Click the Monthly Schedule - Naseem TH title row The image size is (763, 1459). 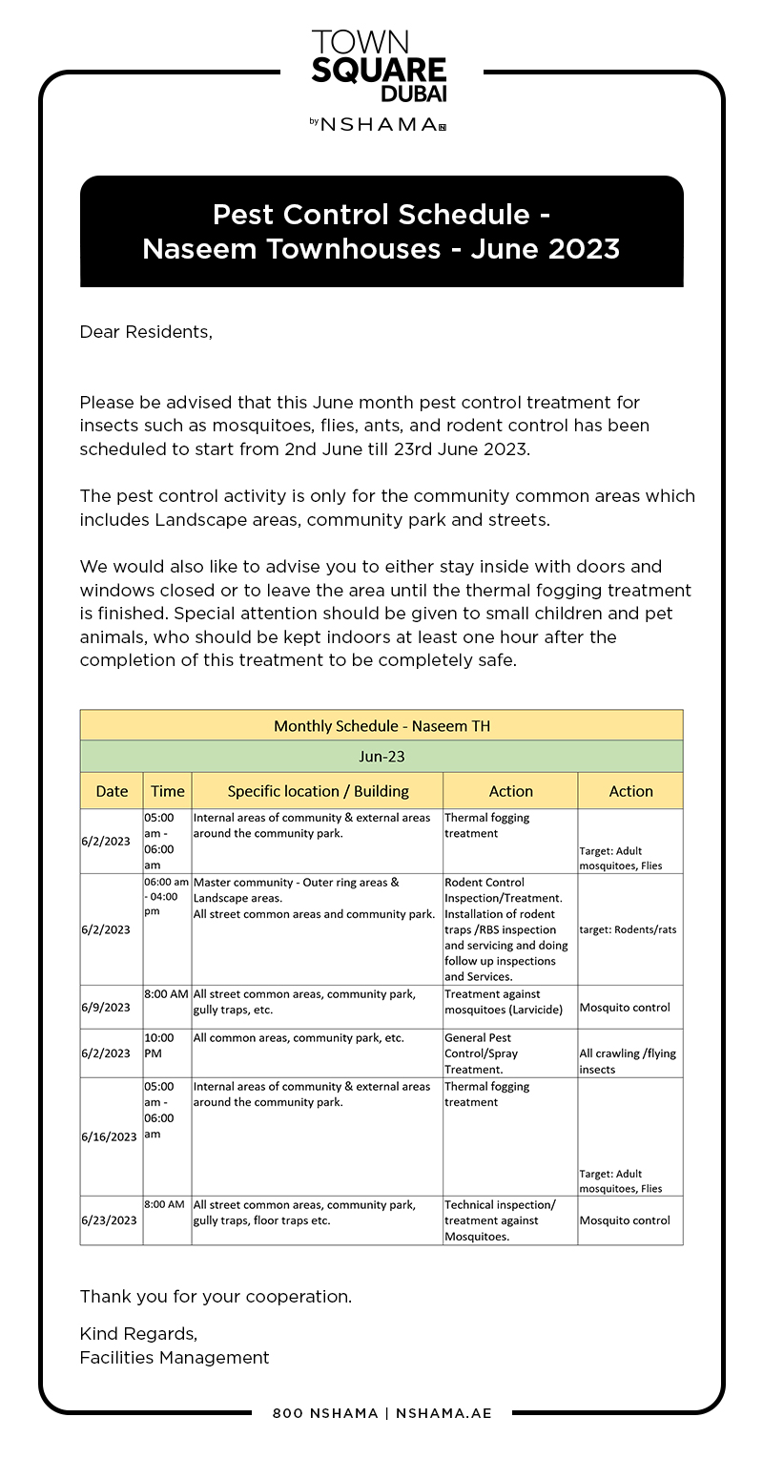381,726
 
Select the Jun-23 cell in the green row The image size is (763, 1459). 381,757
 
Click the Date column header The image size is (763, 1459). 112,791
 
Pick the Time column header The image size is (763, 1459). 167,791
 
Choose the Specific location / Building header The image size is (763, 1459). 318,791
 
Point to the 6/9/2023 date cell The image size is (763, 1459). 106,1007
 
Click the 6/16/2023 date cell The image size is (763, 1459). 109,1136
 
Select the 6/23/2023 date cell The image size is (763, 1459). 109,1219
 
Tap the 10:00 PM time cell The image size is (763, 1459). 159,1045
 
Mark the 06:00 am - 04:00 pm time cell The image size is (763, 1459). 167,897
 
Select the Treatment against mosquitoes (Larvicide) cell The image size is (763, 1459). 504,1001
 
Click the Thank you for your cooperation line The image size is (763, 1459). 216,1297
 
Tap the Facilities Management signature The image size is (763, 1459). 175,1357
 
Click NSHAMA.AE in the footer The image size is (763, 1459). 443,1413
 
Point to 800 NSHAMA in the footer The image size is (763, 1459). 325,1413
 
